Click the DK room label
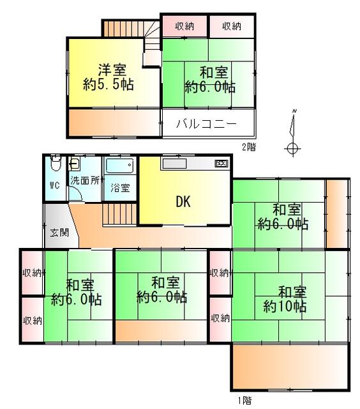(x=183, y=201)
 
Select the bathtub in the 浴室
(x=120, y=165)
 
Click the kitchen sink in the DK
(x=174, y=164)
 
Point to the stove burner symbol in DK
(x=221, y=164)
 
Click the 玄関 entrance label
(x=59, y=232)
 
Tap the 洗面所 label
(x=85, y=180)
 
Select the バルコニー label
(x=206, y=123)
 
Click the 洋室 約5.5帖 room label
(x=109, y=77)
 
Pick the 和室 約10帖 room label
(x=285, y=300)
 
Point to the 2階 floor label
(x=249, y=147)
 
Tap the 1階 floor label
(x=245, y=400)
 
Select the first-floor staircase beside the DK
(x=120, y=214)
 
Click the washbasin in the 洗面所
(x=74, y=164)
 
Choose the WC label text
(x=55, y=185)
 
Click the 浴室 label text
(x=120, y=187)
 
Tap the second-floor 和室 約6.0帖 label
(x=210, y=79)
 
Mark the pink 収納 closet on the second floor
(x=184, y=26)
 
